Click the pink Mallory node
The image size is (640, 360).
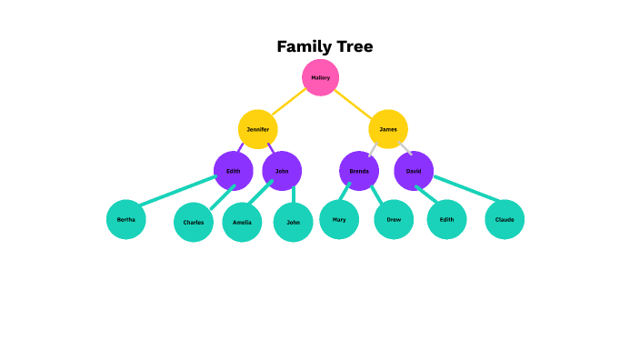pos(320,78)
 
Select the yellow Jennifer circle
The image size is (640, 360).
pos(257,129)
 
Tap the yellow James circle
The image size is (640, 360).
pos(388,129)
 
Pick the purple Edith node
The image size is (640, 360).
pos(234,171)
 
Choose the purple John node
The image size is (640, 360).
pos(282,171)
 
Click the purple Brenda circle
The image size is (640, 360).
pos(359,171)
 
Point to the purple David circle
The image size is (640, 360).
pos(414,171)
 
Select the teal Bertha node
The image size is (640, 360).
pos(126,219)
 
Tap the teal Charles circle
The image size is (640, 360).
pos(194,223)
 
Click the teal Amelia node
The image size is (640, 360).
pos(242,223)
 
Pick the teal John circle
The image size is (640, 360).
pos(293,223)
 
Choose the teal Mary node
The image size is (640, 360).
pos(339,220)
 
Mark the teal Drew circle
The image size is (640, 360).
pos(394,220)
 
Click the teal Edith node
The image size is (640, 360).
pos(446,220)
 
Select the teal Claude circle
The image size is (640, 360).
pos(505,220)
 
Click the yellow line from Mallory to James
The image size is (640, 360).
pos(354,102)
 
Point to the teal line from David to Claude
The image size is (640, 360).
pos(467,189)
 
